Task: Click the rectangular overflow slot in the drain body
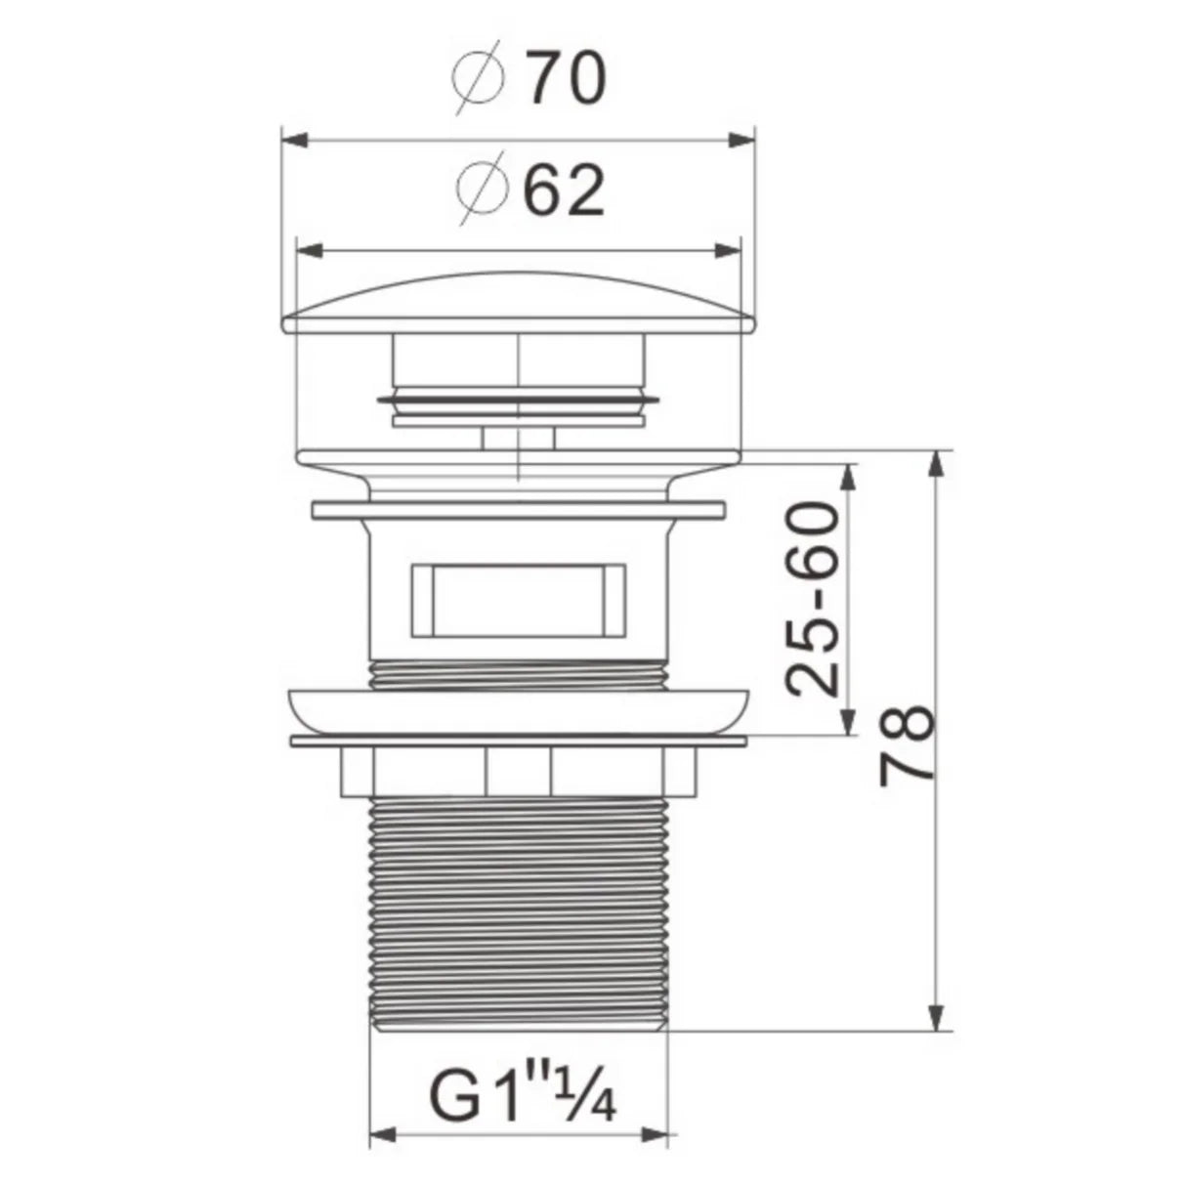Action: (x=518, y=598)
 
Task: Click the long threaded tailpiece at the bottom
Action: (x=520, y=909)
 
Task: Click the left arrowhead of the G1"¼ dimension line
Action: (x=381, y=1136)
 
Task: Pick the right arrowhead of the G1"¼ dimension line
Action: (x=665, y=1136)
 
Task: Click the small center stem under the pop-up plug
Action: (x=518, y=437)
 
